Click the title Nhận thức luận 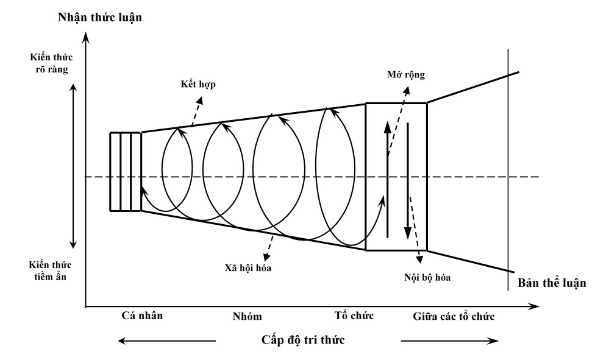100,16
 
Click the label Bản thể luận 552,283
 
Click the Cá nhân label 143,316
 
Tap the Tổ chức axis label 354,316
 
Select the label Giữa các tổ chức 453,316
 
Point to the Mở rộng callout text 406,75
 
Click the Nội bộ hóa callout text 430,277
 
